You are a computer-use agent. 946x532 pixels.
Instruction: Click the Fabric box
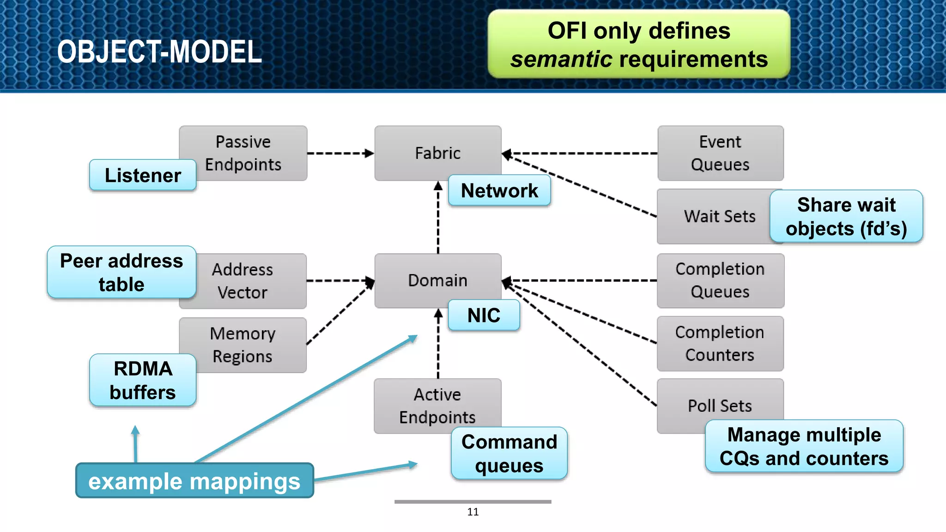coord(437,153)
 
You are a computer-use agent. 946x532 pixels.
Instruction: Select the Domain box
coord(437,280)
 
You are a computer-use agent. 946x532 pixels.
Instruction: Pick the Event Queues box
coord(720,153)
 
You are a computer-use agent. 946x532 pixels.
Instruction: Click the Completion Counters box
coord(720,343)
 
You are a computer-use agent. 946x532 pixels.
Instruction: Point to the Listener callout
coord(143,175)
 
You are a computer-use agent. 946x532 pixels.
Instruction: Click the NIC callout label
coord(484,315)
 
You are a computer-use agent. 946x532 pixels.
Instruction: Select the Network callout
coord(499,190)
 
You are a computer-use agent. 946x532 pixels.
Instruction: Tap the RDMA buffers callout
coord(143,380)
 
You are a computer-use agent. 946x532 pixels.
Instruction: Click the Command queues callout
coord(509,453)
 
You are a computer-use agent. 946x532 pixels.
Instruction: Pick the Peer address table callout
coord(121,272)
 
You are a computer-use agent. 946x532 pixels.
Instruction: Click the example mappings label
coord(194,481)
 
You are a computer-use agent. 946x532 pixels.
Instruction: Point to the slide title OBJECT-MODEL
coord(159,51)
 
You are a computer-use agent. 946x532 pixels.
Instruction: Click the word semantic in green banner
coord(561,60)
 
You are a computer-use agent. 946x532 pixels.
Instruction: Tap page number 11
coord(473,512)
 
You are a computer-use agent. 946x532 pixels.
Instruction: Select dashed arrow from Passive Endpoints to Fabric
coord(340,153)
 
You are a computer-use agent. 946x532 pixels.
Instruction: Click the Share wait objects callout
coord(846,216)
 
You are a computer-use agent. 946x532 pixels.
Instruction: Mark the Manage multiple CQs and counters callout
coord(804,446)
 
